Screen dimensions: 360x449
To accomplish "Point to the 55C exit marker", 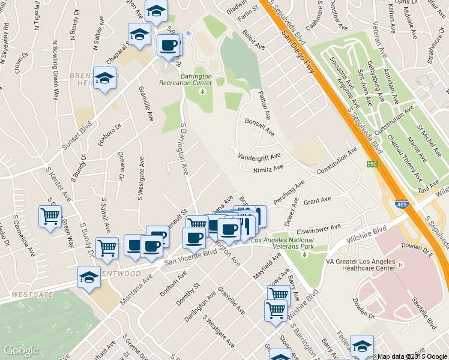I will pos(372,163).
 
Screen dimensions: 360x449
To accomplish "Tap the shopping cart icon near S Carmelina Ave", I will pos(50,215).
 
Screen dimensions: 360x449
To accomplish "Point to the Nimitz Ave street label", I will pos(268,169).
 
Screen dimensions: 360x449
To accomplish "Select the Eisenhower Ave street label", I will pos(319,229).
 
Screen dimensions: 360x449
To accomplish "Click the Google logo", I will pos(20,350).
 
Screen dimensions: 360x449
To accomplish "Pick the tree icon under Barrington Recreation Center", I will pos(203,91).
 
